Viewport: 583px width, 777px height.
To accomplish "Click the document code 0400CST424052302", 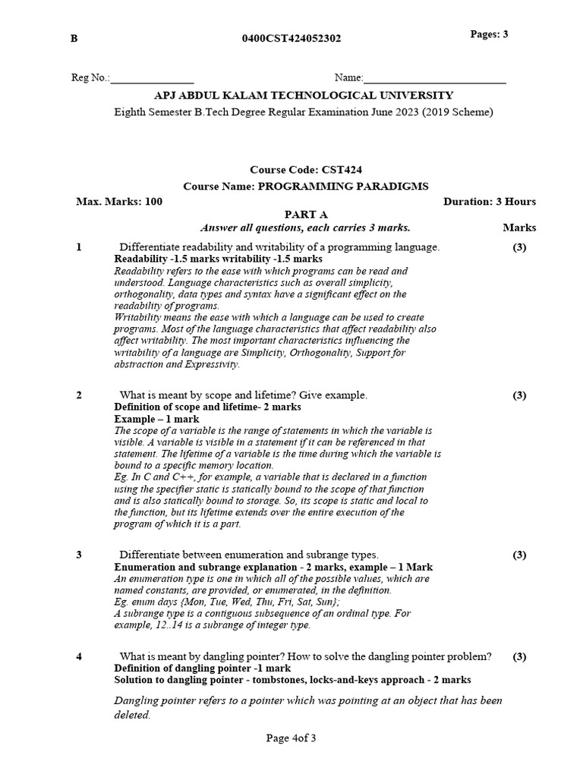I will (x=291, y=39).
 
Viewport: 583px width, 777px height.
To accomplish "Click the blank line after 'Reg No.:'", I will (x=153, y=78).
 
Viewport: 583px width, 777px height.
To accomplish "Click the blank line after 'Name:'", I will (x=435, y=78).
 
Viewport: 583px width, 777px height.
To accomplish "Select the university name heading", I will (x=304, y=96).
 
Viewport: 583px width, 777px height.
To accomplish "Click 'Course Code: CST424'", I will (x=301, y=171).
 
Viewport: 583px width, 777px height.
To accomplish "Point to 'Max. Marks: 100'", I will (x=119, y=201).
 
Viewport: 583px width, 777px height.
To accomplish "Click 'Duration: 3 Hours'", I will (x=489, y=201).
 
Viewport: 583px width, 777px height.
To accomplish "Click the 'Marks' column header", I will (x=519, y=227).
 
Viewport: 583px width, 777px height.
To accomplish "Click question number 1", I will (x=79, y=247).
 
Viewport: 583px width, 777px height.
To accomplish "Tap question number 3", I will (x=79, y=555).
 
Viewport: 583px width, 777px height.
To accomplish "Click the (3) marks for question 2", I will (x=519, y=395).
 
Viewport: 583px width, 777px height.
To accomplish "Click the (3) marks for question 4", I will (x=519, y=656).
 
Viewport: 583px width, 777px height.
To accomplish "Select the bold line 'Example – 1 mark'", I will (x=157, y=418).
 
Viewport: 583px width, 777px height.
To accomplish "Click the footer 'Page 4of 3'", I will (x=291, y=738).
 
